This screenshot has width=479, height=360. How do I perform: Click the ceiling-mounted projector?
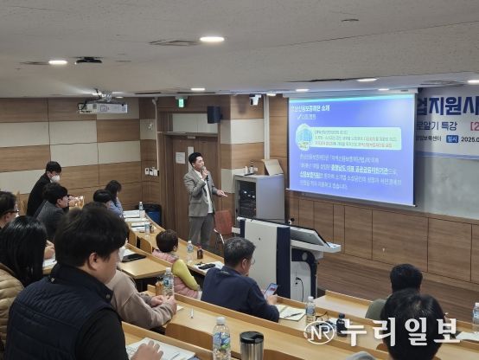point(102,107)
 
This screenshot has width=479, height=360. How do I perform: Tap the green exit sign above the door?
point(181,102)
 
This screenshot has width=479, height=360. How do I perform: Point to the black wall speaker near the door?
point(214,114)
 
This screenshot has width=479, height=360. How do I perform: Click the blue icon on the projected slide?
point(304,137)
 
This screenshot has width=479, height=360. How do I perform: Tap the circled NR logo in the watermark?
point(318,332)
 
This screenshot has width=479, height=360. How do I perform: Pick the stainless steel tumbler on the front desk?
point(252,345)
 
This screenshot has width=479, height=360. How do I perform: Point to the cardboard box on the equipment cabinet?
point(272,167)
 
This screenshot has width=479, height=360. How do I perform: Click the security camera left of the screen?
point(255,100)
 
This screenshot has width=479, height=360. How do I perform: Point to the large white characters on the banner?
point(450,107)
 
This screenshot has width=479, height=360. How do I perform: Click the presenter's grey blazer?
point(199,195)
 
